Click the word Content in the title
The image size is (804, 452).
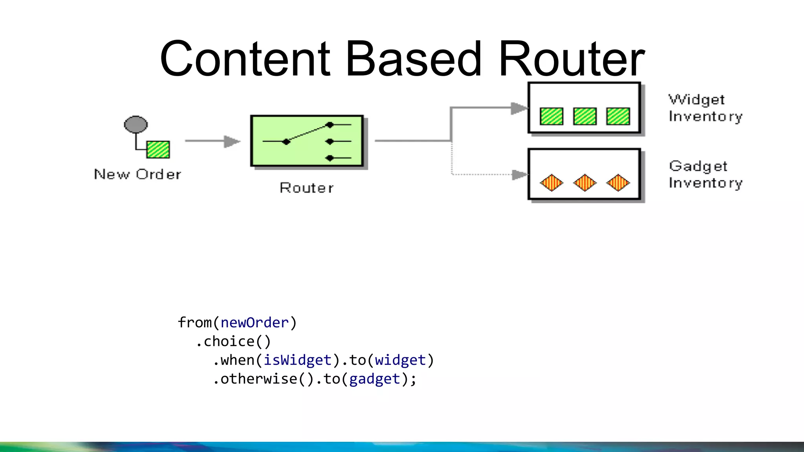coord(245,59)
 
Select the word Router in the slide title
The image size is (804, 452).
coord(571,59)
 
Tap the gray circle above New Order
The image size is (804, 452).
coord(136,124)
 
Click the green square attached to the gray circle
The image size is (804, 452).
coord(158,149)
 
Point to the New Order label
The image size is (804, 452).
coord(138,174)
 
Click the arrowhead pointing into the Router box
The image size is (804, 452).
coord(232,141)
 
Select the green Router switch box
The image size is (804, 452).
coord(307,141)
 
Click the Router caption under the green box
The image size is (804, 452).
coord(307,188)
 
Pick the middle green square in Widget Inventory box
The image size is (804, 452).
coord(585,117)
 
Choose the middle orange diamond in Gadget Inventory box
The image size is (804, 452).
coord(585,183)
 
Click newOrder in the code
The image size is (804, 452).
coord(255,323)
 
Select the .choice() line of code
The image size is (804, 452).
coord(233,341)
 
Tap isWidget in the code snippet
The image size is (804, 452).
coord(298,360)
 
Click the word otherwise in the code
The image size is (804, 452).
coord(259,379)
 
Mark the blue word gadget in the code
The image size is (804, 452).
coord(375,379)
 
